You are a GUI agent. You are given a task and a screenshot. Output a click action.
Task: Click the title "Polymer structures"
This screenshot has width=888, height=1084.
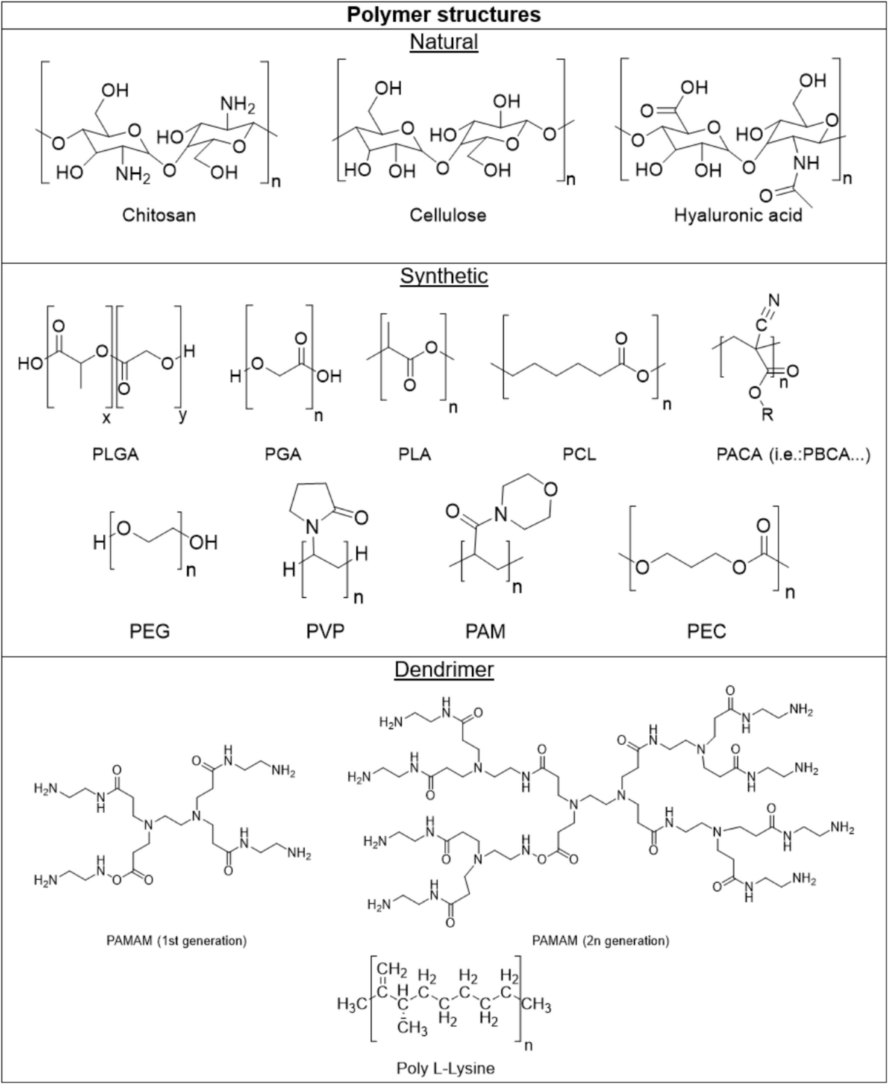point(444,14)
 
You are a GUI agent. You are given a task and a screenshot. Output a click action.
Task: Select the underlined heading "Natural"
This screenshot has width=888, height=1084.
point(444,41)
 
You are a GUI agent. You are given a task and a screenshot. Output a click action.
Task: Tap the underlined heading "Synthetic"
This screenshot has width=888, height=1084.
point(444,276)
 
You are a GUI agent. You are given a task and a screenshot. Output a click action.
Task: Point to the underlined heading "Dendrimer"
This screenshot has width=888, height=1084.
point(444,670)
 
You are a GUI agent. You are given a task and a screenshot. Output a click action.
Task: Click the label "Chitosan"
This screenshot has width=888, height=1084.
point(159,215)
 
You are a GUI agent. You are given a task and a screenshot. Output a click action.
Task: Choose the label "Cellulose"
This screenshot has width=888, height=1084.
point(448,215)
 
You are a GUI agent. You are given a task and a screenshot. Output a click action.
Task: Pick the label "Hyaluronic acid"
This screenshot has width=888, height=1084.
point(738,215)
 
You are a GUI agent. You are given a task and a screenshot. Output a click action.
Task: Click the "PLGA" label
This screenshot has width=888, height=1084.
point(115,454)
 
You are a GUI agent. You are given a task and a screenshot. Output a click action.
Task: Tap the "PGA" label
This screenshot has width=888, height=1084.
point(283,454)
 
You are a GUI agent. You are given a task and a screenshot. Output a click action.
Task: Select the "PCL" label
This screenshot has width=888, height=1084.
point(579,454)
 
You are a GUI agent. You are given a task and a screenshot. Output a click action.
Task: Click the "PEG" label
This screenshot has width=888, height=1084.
point(149,631)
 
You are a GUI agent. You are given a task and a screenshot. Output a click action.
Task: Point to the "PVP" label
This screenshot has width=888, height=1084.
point(326,631)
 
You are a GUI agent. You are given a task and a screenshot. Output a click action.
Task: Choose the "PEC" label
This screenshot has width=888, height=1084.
point(707,631)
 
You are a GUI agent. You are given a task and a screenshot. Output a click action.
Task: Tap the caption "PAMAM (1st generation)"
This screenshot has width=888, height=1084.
point(176,940)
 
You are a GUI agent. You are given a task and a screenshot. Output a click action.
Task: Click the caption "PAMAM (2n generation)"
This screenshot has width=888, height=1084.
point(600,940)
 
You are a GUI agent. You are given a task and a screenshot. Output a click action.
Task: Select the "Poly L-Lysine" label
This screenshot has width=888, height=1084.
point(445,1068)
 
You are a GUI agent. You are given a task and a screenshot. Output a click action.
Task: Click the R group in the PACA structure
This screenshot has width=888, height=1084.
point(767,414)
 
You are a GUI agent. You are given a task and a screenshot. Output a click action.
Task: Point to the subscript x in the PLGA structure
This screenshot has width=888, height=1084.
point(106,416)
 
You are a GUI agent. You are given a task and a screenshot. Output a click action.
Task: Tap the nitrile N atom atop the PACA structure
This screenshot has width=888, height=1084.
point(774,300)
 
